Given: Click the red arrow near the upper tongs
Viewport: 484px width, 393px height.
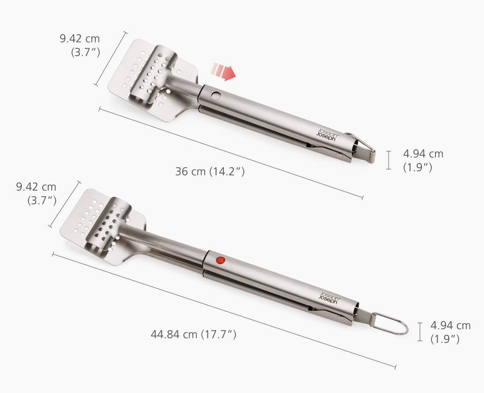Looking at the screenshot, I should pos(224,72).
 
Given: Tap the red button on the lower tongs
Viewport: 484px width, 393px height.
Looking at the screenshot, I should pos(220,260).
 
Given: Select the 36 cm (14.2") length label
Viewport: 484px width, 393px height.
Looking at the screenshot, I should pos(209,171).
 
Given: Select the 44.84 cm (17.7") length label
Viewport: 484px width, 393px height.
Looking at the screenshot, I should pos(193,334).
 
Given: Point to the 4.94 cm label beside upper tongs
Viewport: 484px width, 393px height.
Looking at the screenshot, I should pos(423,160).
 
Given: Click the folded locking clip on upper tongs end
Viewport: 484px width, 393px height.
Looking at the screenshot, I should pos(361,148).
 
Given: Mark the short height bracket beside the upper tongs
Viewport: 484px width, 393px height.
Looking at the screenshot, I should pos(389,160).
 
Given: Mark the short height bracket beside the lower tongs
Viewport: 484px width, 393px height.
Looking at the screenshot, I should pos(420,332).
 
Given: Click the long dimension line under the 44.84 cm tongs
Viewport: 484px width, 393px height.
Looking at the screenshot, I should pos(224,310).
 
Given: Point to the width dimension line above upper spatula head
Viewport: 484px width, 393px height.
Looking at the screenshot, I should pos(110,59).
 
